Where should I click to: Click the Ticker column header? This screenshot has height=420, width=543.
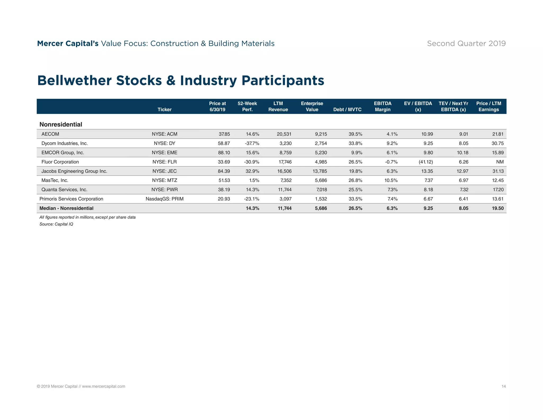coord(164,109)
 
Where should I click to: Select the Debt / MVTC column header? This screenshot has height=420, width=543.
coord(347,109)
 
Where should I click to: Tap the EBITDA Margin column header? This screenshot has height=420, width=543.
coord(382,106)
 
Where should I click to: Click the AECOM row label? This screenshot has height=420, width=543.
coord(50,134)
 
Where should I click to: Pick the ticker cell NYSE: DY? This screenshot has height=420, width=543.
coord(164,143)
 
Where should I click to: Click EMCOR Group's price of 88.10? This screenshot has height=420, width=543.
coord(224,153)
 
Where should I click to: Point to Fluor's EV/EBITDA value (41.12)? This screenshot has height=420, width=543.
coord(426,162)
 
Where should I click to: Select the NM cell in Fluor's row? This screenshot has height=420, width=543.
coord(500,162)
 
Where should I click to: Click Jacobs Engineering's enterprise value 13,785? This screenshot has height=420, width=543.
coord(319,171)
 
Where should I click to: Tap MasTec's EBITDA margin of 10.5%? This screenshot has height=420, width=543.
coord(391,180)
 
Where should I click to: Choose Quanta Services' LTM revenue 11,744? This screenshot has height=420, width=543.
coord(284,190)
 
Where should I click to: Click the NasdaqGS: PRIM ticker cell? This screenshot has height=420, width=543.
coord(164,199)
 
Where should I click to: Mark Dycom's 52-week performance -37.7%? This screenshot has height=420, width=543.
coord(252,143)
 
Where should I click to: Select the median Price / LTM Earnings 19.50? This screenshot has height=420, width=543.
coord(497,208)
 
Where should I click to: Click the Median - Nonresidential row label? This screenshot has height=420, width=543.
coord(66,208)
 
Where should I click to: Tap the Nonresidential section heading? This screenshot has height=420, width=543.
coord(61,124)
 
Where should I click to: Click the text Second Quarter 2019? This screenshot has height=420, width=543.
coord(466,43)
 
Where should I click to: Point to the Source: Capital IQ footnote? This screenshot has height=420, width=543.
coord(56,224)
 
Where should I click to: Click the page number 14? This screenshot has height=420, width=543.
coord(503,386)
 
